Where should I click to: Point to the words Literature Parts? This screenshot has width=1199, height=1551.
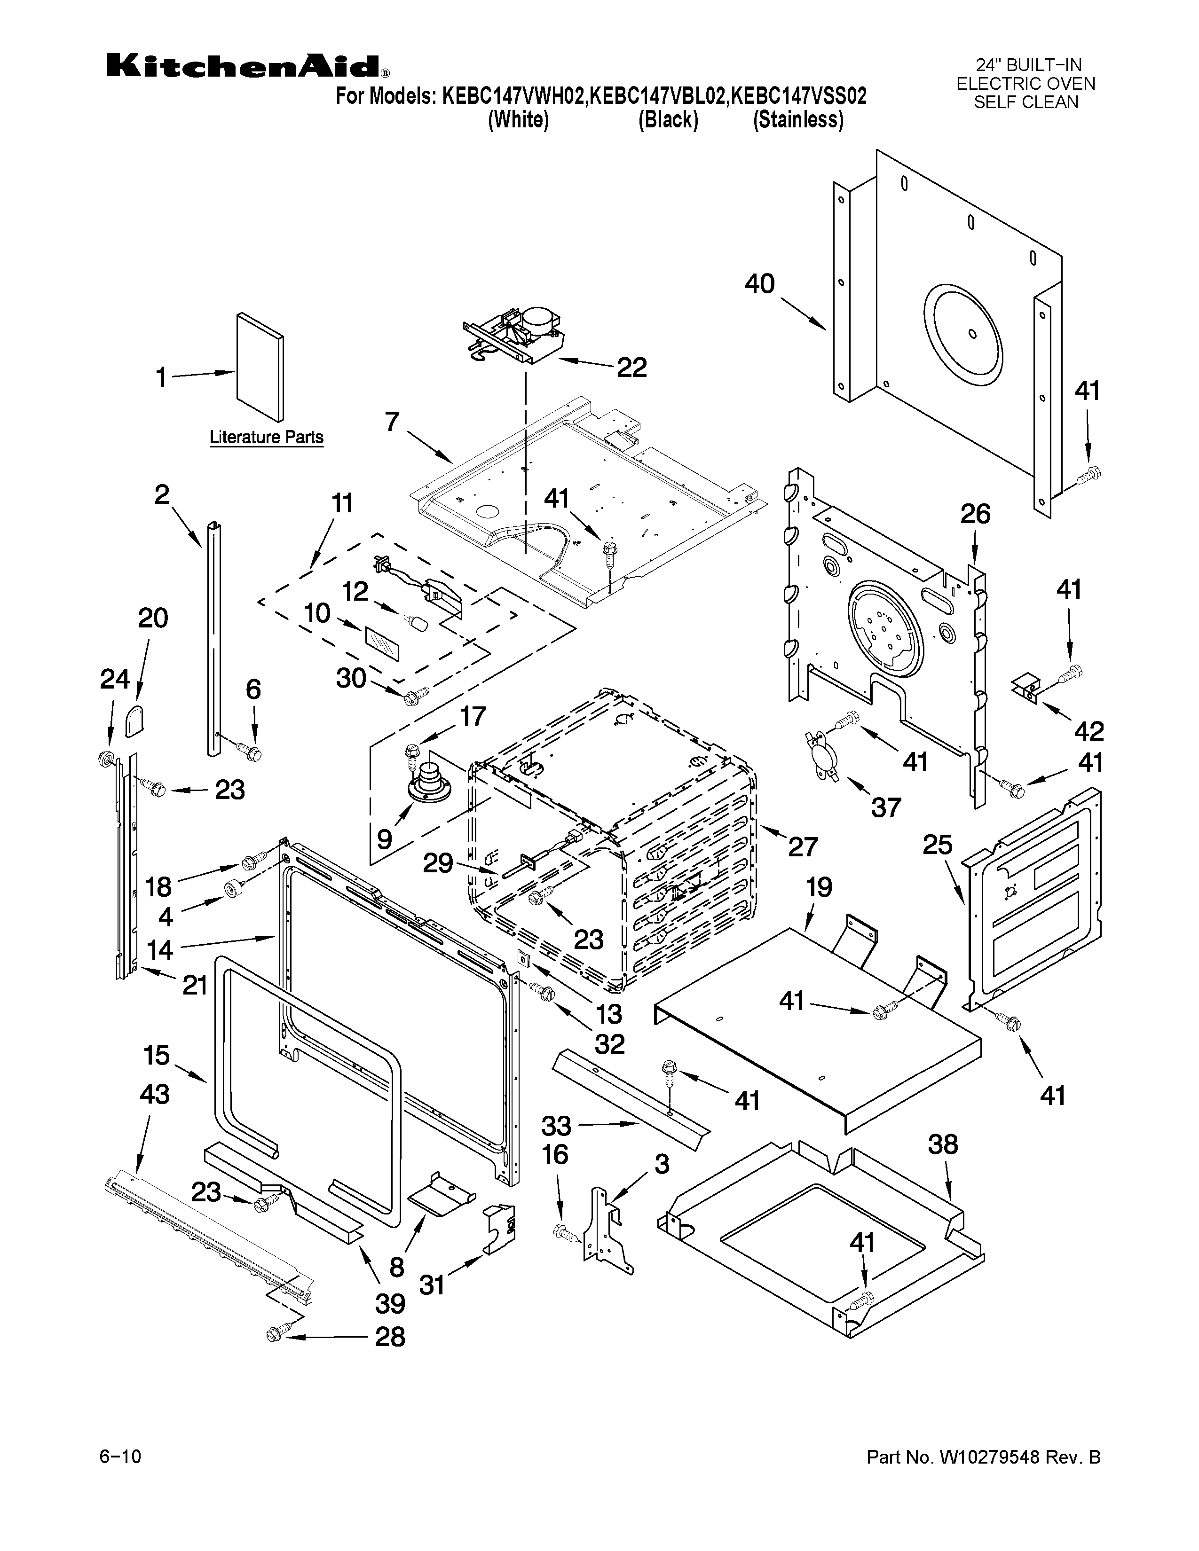266,438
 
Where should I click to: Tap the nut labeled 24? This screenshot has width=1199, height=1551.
106,759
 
